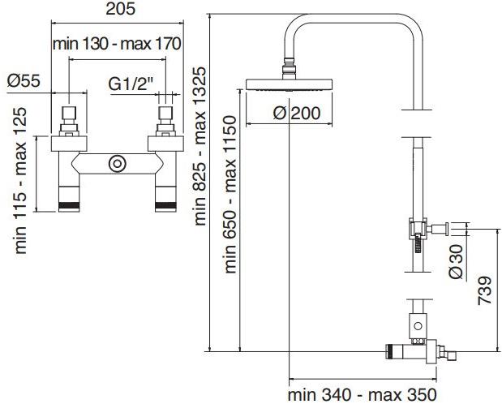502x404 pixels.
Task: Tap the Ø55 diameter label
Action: [24, 81]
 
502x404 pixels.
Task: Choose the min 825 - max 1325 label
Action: [201, 146]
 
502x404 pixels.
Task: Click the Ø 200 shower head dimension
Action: [290, 114]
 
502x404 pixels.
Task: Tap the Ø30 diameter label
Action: [457, 262]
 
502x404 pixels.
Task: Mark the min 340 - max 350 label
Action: [358, 395]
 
